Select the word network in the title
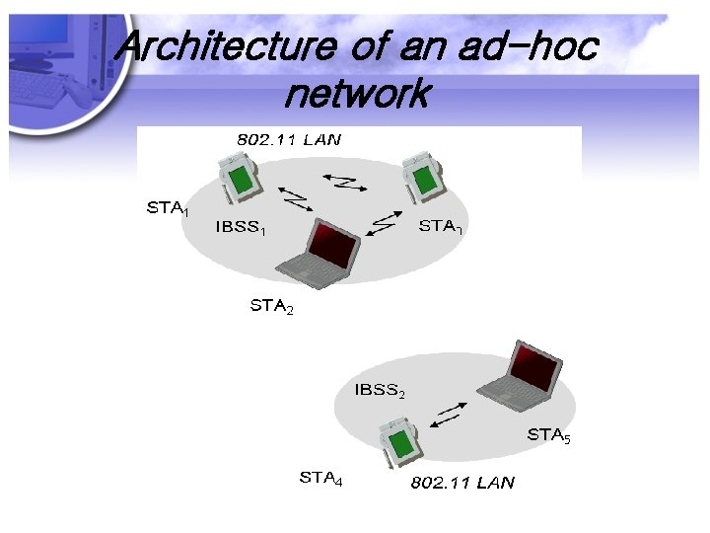pos(356,94)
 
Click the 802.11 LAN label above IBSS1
pos(289,139)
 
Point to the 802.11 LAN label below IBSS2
pos(461,483)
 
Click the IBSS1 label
pos(240,229)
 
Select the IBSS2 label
pos(379,391)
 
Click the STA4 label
pos(320,479)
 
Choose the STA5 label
pos(548,435)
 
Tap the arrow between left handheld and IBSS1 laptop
pos(293,201)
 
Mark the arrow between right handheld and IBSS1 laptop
pos(380,224)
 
